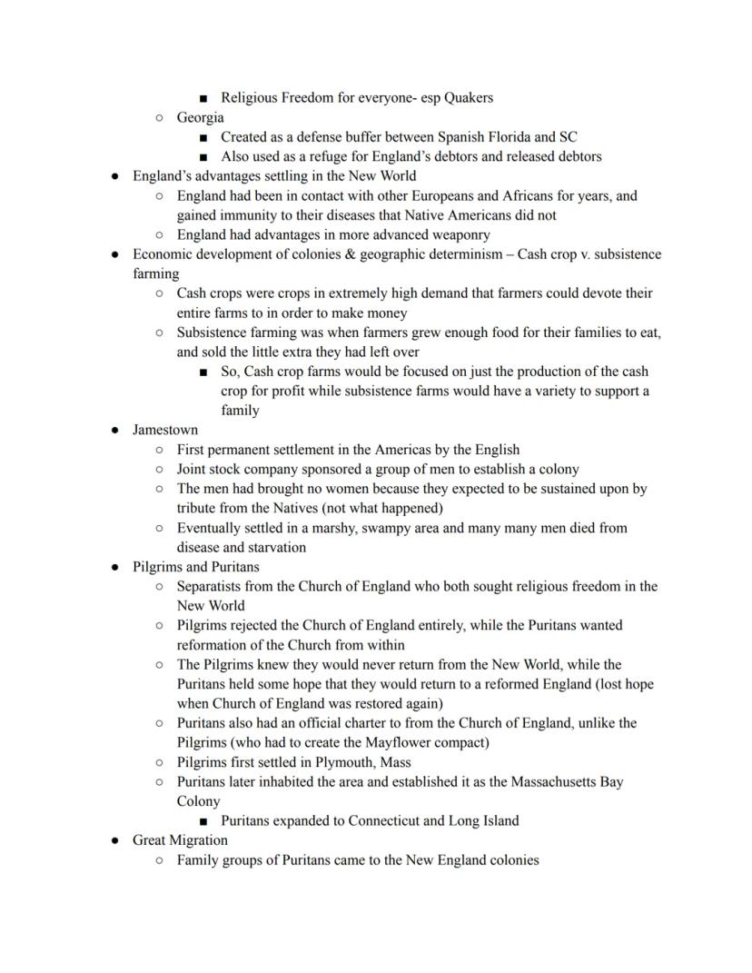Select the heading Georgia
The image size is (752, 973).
(200, 117)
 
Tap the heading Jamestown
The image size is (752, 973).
(164, 430)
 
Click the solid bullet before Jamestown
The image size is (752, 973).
(115, 430)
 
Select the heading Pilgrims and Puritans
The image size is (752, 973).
(195, 567)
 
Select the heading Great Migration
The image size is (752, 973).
(180, 840)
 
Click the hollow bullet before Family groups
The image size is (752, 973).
(160, 859)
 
